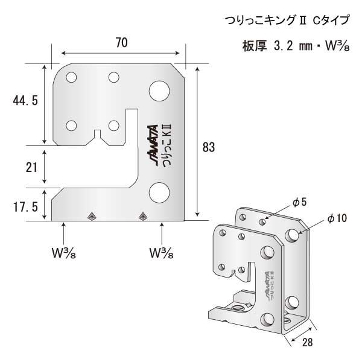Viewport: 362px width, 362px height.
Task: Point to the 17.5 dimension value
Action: [25, 206]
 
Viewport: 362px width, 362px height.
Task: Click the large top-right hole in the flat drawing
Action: [160, 89]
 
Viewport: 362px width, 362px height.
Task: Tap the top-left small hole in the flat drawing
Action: [71, 78]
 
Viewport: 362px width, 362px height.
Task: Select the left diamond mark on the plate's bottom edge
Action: [92, 215]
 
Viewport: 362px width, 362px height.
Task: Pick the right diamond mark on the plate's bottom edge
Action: [143, 215]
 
